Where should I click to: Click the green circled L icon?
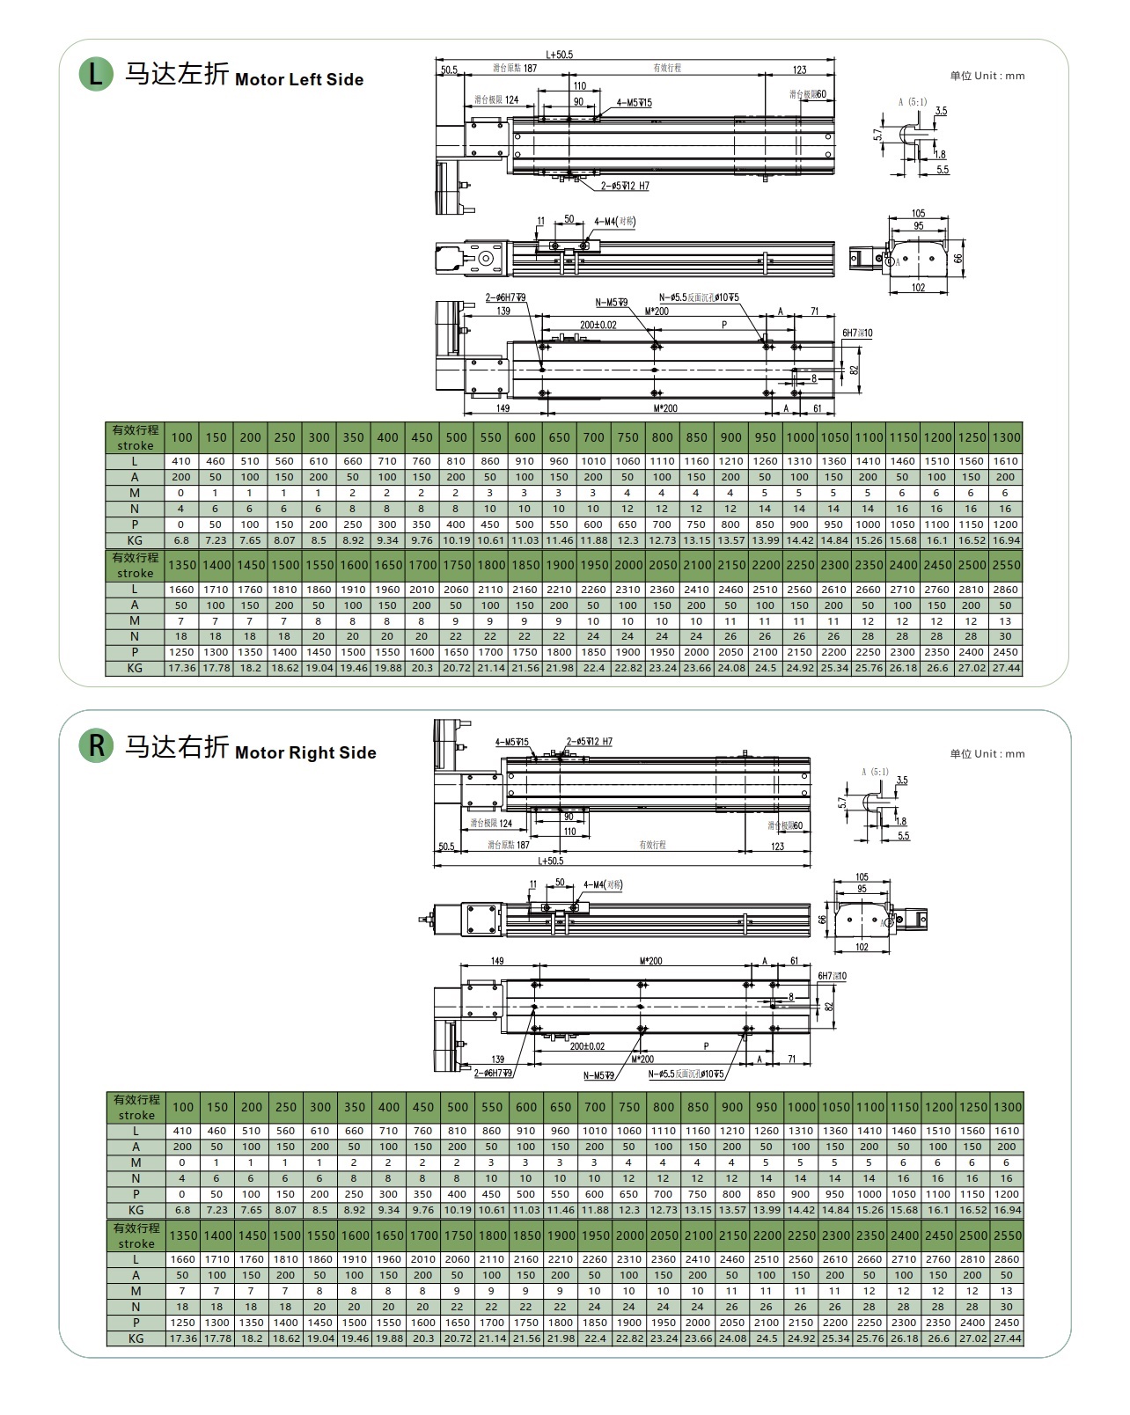click(x=96, y=74)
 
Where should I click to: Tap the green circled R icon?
click(x=96, y=746)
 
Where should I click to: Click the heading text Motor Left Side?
click(x=299, y=79)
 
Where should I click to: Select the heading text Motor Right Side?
click(x=305, y=752)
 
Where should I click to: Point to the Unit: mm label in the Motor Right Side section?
click(x=987, y=753)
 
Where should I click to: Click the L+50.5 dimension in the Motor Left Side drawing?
click(x=559, y=55)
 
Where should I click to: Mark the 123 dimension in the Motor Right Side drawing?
click(x=777, y=847)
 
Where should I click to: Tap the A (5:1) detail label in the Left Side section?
click(x=912, y=102)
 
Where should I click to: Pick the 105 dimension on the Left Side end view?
click(x=918, y=214)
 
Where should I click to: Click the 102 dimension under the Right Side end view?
click(x=862, y=947)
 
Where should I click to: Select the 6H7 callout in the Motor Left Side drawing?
click(x=856, y=334)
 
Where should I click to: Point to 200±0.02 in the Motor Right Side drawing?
click(x=587, y=1046)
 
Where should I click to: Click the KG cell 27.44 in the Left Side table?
click(x=1006, y=669)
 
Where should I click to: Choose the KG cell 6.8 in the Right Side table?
click(x=182, y=1210)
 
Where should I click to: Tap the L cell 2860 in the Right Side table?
click(x=1007, y=1259)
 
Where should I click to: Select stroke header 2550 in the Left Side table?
click(x=1006, y=565)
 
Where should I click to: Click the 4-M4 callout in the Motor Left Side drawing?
click(x=614, y=222)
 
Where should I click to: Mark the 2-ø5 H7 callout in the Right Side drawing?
click(x=589, y=742)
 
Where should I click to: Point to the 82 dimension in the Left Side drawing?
click(x=854, y=370)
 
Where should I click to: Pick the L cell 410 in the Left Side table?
click(x=181, y=461)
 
